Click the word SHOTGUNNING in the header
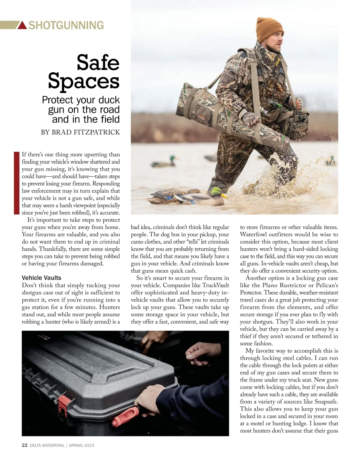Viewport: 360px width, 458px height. coord(66,25)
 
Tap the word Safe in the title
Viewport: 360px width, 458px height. coord(98,62)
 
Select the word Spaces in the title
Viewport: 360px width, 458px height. coord(84,81)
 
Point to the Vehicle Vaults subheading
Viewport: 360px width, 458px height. coord(41,278)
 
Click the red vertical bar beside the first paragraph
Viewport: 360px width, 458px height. coord(16,183)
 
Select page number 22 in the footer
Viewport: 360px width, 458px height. coord(25,445)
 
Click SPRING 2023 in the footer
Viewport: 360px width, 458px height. coord(81,445)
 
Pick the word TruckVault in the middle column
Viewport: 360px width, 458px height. coord(215,285)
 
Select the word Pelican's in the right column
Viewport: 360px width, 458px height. coord(327,285)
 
